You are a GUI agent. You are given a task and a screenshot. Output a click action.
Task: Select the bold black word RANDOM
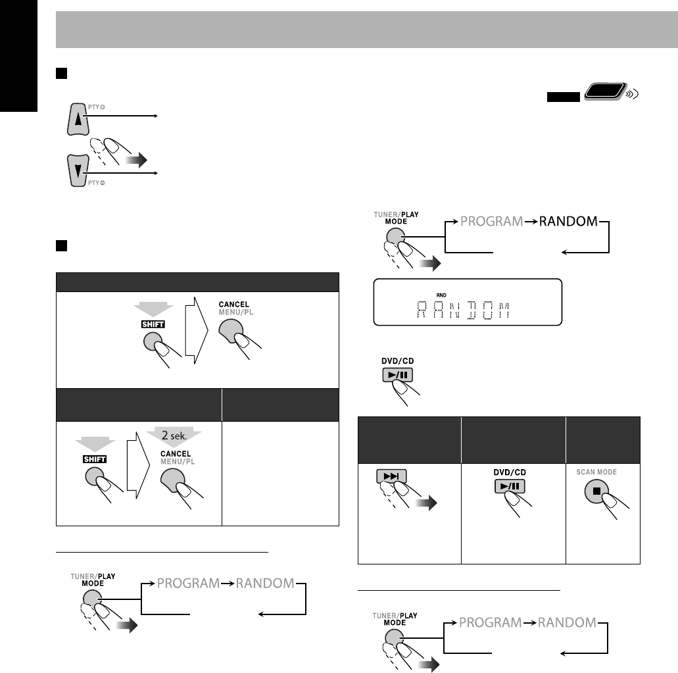(x=568, y=222)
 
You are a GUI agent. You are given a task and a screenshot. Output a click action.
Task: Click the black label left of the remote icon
(x=562, y=97)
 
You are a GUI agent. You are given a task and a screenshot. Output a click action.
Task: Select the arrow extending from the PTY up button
(x=125, y=116)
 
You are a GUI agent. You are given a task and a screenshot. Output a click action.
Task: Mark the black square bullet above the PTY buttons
(x=60, y=70)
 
